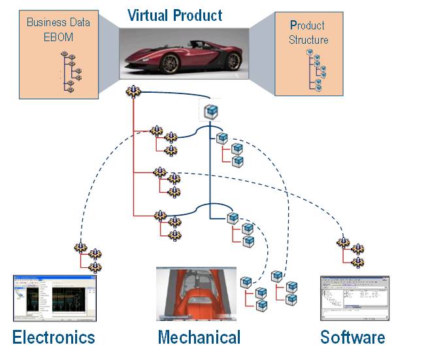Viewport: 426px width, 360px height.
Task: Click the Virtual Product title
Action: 174,14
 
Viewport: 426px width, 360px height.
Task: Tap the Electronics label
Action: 54,337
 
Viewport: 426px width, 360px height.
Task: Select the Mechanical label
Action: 199,337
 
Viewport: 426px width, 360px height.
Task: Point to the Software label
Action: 352,337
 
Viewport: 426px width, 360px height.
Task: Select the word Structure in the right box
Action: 309,39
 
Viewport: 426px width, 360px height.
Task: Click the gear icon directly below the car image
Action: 133,92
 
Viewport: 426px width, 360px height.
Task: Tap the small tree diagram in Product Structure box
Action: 316,69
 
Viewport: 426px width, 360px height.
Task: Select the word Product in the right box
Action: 307,25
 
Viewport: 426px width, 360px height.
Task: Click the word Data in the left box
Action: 77,23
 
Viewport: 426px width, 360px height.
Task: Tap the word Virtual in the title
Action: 148,14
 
